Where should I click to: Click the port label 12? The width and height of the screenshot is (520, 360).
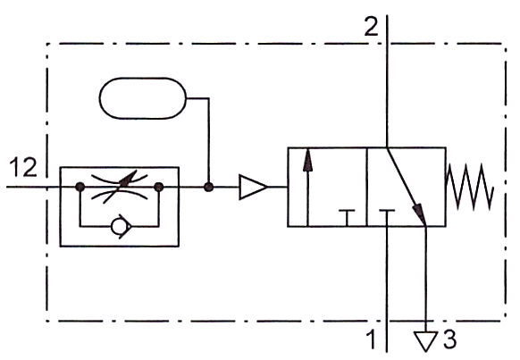click(23, 167)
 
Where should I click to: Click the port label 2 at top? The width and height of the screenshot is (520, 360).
click(371, 26)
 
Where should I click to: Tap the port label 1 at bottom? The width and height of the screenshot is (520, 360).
click(372, 339)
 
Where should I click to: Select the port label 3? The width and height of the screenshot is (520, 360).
click(449, 339)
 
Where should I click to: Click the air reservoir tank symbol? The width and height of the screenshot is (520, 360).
click(143, 98)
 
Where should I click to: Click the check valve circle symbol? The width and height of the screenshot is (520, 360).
click(118, 227)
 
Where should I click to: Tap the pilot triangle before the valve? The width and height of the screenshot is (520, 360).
click(253, 187)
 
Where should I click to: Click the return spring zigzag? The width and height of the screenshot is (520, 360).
click(470, 187)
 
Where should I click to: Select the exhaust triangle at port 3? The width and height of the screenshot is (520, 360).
click(426, 339)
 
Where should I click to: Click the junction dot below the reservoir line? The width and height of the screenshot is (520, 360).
click(208, 187)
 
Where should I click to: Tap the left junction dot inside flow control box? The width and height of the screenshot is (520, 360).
click(80, 187)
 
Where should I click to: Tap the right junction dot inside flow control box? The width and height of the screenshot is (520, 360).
click(159, 187)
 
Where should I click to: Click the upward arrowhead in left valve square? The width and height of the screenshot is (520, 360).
click(308, 161)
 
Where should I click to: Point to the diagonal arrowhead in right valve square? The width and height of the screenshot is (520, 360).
click(419, 214)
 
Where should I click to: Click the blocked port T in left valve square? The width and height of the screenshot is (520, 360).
click(347, 218)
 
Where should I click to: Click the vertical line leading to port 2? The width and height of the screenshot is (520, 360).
click(387, 81)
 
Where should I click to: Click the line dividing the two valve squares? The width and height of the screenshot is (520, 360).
click(367, 187)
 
